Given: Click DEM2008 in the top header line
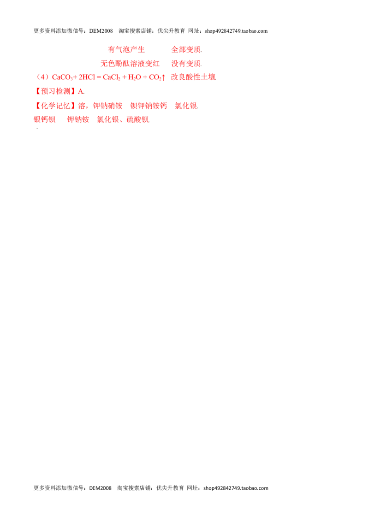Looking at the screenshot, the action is pos(101,31).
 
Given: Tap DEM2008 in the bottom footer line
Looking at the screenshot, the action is pos(100,488).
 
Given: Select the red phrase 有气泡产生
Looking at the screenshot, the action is pos(126,50).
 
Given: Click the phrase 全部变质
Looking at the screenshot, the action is pos(186,50).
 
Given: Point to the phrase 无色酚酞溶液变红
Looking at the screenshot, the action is pos(130,63).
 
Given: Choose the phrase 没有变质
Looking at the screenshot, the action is pos(186,63).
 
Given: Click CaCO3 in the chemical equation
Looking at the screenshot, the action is pos(62,77).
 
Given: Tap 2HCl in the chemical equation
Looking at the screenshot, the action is pos(87,77).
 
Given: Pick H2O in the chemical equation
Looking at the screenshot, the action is pos(135,77).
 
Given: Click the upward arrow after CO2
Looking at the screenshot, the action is pos(163,77).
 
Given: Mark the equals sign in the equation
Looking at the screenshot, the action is pos(99,77).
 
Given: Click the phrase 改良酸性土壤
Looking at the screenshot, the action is pos(193,77).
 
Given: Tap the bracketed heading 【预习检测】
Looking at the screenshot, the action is pos(55,91).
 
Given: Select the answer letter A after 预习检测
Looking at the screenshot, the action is pos(80,91).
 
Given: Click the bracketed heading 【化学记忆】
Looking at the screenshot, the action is pos(55,106).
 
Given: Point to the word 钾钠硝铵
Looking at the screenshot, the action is pos(108,106).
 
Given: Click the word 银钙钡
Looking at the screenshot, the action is pos(45,119).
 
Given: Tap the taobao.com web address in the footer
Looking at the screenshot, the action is pos(236,488).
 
